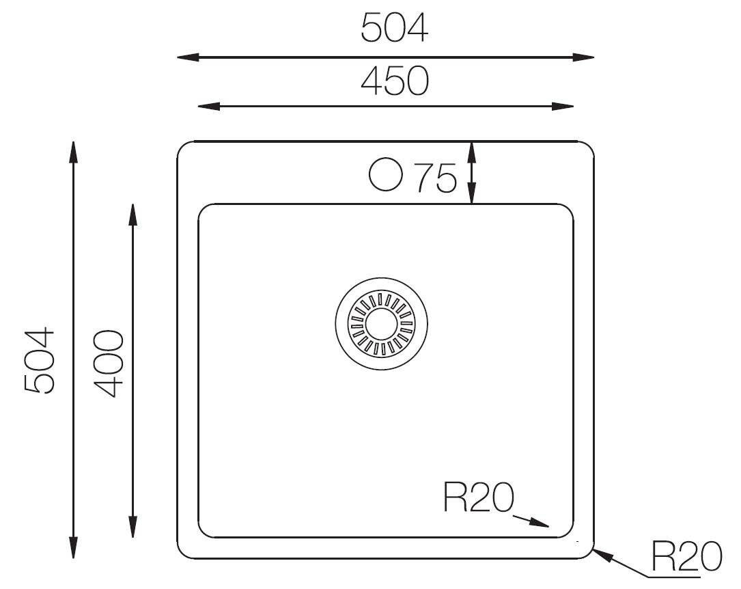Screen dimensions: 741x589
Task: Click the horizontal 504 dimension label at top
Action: coord(394,27)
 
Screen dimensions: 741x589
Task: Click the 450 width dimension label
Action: coord(395,81)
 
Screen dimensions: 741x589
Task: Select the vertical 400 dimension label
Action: coord(109,364)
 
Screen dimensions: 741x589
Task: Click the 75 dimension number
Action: coord(436,178)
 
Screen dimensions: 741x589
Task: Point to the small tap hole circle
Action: coord(386,174)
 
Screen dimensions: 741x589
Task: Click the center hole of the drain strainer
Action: coord(381,324)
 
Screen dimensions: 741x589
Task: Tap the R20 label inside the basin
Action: coord(478,497)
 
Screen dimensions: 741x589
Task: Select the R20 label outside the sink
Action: coord(687,556)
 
